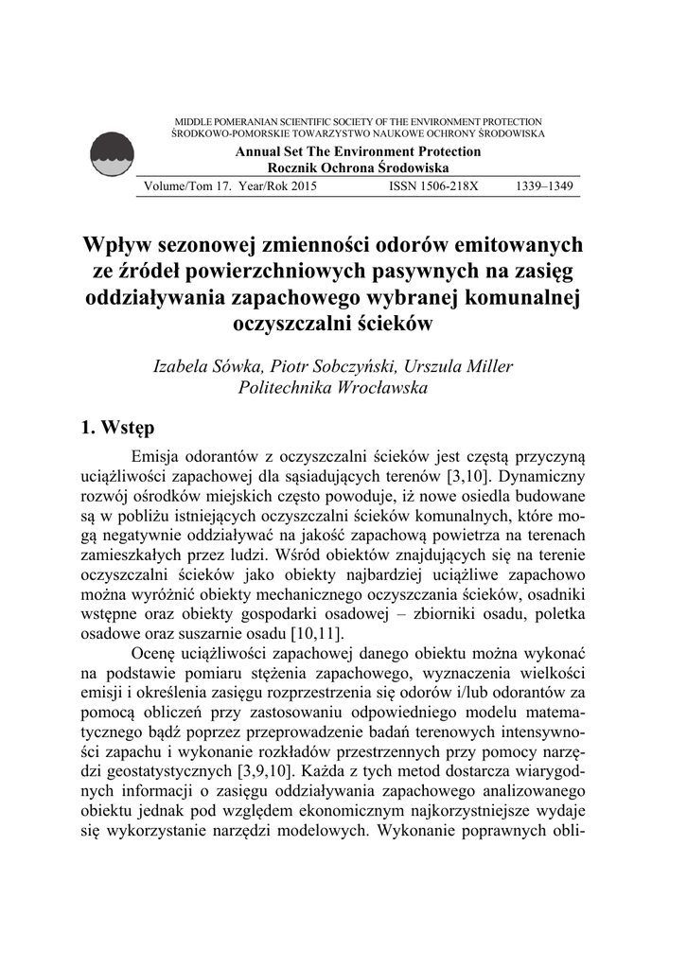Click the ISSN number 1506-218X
pyautogui.click(x=434, y=186)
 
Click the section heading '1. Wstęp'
pyautogui.click(x=118, y=429)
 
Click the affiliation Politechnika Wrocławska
pyautogui.click(x=333, y=388)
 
